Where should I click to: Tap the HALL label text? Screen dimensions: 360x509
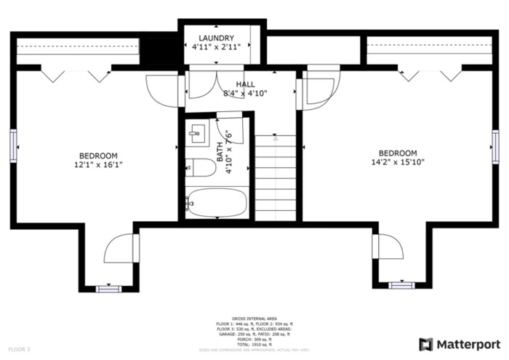pos(245,84)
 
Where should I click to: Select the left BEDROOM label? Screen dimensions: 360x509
pos(98,156)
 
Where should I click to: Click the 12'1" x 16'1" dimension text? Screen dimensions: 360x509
pos(98,165)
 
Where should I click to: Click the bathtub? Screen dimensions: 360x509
pos(217,204)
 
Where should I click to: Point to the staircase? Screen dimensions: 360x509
pos(275,178)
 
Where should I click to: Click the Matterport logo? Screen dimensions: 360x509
pos(459,344)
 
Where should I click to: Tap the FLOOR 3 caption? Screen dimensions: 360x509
pos(19,350)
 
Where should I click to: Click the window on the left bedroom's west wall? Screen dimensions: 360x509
pos(13,145)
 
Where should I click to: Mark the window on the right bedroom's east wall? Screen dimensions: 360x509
pos(495,145)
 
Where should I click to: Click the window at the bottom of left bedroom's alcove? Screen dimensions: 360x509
pos(108,289)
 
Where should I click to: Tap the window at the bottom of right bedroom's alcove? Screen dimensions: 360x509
pos(401,285)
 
